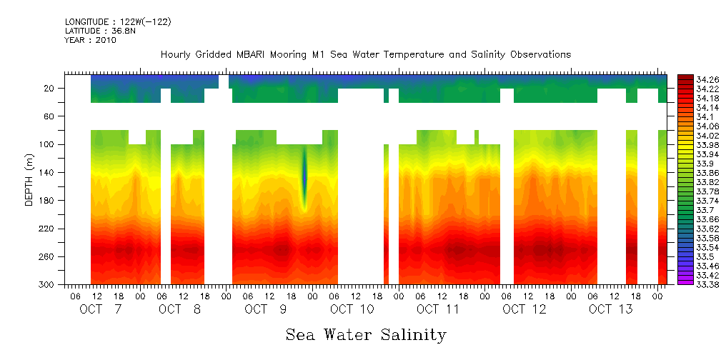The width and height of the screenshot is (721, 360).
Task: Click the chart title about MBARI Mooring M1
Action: click(x=366, y=54)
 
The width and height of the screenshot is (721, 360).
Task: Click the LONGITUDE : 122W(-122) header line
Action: click(x=118, y=22)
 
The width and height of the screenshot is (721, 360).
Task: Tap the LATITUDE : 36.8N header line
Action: click(x=99, y=31)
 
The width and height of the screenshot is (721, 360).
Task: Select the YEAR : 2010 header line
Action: click(x=90, y=41)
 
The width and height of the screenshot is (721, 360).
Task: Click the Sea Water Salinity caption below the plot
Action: click(x=366, y=334)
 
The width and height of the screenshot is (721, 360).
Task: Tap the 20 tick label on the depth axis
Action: click(x=49, y=88)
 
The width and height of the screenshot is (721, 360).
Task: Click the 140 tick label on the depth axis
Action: click(x=47, y=172)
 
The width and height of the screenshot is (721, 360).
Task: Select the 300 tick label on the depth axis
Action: click(x=47, y=284)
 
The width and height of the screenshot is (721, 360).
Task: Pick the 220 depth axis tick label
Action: click(x=47, y=229)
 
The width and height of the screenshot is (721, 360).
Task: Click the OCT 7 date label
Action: click(x=101, y=309)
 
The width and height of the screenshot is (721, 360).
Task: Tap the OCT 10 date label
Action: click(x=352, y=309)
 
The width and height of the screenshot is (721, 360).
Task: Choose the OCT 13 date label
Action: click(x=610, y=309)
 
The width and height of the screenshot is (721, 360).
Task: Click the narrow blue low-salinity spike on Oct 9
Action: click(x=304, y=175)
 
